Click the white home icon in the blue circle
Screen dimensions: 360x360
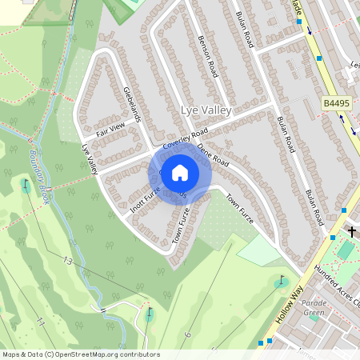(x=180, y=172)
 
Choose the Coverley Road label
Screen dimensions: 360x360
(x=185, y=138)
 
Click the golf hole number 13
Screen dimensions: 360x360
(x=68, y=261)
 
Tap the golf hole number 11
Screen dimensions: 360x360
(x=40, y=321)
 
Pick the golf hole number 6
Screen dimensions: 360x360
(x=186, y=334)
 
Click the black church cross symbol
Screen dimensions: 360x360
(x=352, y=231)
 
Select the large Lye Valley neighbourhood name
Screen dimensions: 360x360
(x=206, y=110)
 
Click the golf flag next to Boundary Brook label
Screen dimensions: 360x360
(x=25, y=185)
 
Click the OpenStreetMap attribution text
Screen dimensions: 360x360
(x=80, y=354)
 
